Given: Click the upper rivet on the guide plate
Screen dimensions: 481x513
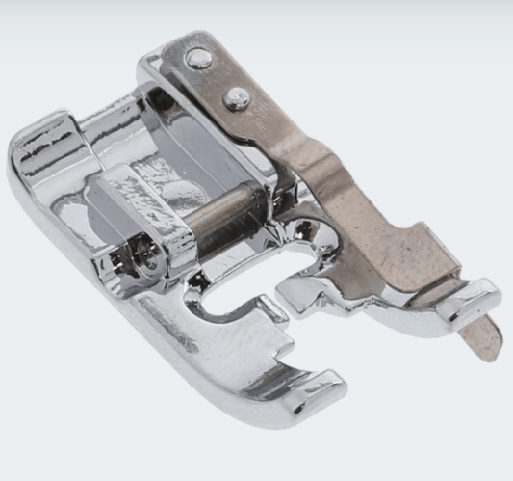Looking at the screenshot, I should pyautogui.click(x=200, y=59).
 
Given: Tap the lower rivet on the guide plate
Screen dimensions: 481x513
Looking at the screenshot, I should pyautogui.click(x=236, y=96).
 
